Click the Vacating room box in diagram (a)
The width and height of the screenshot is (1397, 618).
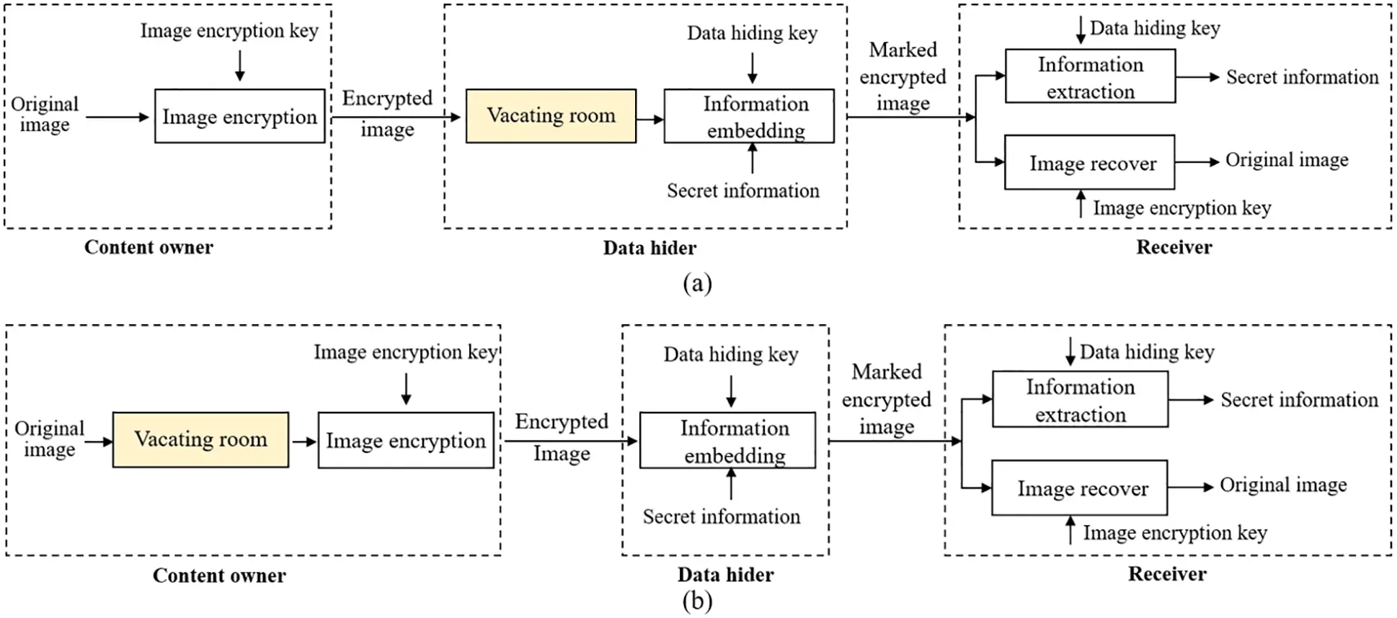tap(551, 116)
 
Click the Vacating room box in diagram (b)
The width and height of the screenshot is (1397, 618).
tap(200, 439)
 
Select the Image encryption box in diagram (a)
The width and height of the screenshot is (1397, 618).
tap(239, 116)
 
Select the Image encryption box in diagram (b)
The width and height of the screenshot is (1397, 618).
tap(406, 440)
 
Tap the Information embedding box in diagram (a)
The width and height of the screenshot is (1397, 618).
tap(749, 116)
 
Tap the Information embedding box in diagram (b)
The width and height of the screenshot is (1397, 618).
tap(727, 440)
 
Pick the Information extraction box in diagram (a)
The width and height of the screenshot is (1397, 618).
tap(1090, 76)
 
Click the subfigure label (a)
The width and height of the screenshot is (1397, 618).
tap(697, 283)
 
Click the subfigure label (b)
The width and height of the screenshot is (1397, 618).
tap(697, 601)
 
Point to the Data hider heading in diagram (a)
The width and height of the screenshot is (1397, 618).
tap(649, 248)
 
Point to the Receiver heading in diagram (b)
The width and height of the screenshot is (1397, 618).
tap(1166, 574)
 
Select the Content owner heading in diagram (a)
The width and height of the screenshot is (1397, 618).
tap(148, 247)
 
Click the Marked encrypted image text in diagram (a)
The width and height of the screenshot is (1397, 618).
tap(902, 76)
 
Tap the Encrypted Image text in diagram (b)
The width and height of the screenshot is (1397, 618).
tap(562, 436)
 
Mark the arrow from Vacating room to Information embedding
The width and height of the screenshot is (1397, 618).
tap(650, 120)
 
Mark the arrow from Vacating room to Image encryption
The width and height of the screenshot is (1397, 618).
tap(303, 442)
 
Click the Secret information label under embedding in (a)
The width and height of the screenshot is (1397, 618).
tap(742, 191)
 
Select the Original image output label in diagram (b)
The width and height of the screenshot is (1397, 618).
tap(1282, 485)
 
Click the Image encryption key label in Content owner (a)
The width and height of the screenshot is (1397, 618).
tap(229, 31)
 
